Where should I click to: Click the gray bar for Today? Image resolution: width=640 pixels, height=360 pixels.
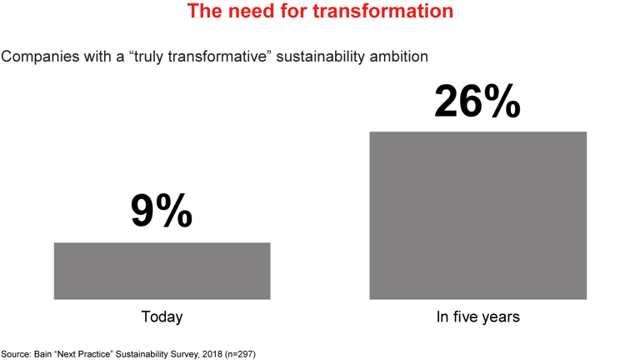coord(162,271)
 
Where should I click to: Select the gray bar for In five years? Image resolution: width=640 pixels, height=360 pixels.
coord(477,215)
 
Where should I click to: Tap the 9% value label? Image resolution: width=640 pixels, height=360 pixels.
coord(162,212)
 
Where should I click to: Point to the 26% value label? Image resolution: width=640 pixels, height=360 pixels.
coord(477,102)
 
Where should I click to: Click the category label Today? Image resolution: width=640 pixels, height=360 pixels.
coord(162,317)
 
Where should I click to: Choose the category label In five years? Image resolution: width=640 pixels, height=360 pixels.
coord(477,317)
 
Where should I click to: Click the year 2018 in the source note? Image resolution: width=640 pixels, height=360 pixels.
coord(213,353)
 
